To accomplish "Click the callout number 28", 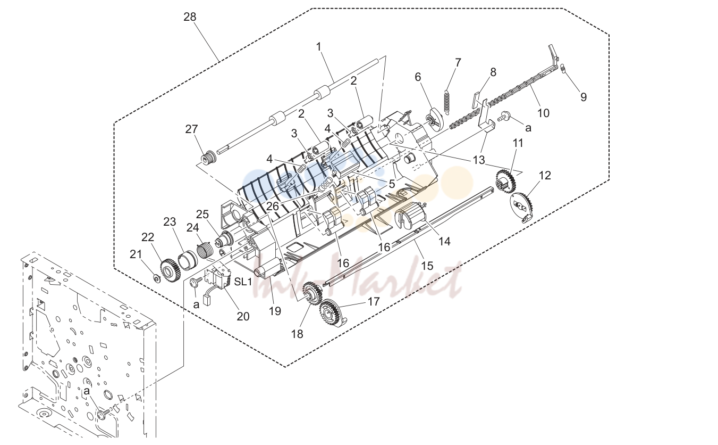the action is click(190, 17).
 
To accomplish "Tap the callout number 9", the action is click(584, 97).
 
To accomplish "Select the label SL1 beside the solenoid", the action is click(243, 282).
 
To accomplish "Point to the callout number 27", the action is click(191, 129).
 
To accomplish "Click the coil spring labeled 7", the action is click(446, 102).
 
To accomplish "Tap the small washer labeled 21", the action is click(157, 278).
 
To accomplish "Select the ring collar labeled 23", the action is click(185, 261).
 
